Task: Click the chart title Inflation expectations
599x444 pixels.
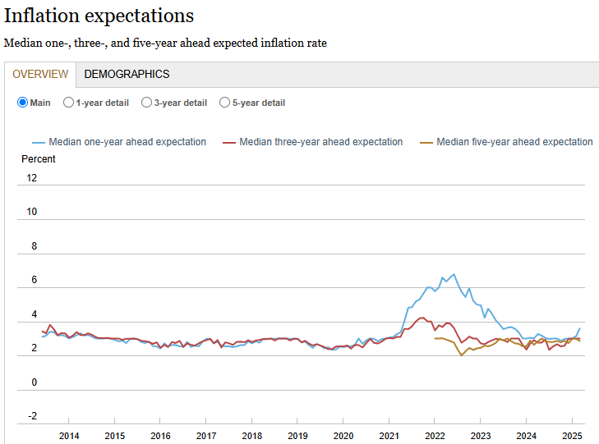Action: click(99, 16)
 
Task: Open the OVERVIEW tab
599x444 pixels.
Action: click(40, 74)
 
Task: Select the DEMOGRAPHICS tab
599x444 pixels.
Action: click(127, 74)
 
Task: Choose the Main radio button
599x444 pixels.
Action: click(23, 103)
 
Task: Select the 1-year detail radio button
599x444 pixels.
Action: click(68, 103)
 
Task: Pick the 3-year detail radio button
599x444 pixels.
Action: click(147, 103)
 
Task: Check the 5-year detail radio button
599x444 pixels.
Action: click(225, 103)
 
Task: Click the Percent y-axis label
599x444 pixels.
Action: click(39, 158)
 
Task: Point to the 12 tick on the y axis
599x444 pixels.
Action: click(32, 178)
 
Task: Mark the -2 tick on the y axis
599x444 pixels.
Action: click(32, 416)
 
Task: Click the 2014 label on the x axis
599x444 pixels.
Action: click(69, 435)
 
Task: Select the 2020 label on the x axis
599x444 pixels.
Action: click(343, 435)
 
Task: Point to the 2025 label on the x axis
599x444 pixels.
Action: click(572, 435)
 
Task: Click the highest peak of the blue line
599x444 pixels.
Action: click(454, 274)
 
